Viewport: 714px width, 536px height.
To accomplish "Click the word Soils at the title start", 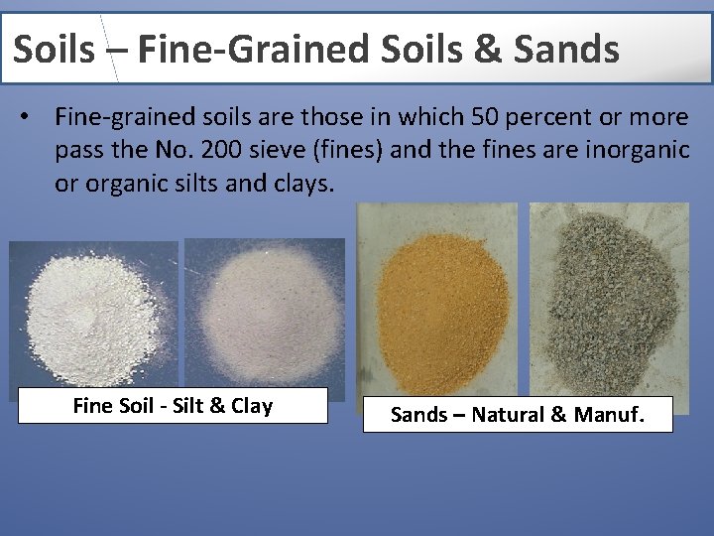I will click(54, 48).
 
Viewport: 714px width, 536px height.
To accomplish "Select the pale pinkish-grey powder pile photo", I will click(265, 313).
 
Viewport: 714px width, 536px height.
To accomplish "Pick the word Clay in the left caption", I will click(251, 406).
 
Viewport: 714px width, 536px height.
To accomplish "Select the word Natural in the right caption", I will click(505, 415).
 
